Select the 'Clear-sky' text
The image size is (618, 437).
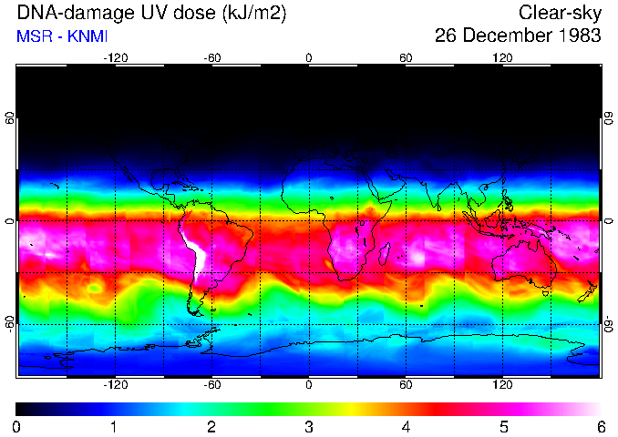click(560, 13)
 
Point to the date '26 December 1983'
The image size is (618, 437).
click(518, 36)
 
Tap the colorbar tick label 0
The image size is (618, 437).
click(17, 426)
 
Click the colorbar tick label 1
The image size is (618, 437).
click(114, 426)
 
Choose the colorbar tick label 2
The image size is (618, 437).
click(211, 426)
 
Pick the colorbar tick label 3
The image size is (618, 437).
click(308, 426)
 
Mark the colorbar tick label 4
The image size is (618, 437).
click(406, 426)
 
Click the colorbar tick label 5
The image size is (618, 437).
click(502, 426)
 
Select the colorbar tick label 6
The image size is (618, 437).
click(599, 426)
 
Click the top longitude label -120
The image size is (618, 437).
click(115, 58)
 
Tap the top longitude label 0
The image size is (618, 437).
click(309, 58)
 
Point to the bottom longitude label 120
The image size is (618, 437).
click(502, 385)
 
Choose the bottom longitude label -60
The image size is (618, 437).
click(211, 385)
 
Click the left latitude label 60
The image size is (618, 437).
click(10, 118)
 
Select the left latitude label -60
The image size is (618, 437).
click(10, 324)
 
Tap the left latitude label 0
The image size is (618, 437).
click(10, 221)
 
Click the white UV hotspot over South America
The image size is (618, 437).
click(194, 248)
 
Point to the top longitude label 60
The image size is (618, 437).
click(406, 58)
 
